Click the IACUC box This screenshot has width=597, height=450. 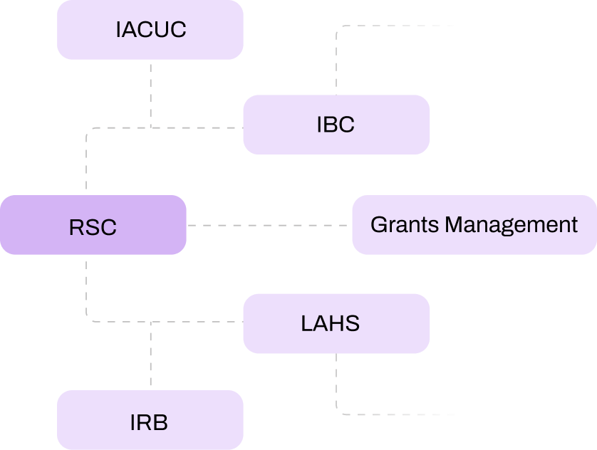coord(150,30)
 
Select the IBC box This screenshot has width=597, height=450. coord(336,125)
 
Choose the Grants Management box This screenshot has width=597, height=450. coord(474,225)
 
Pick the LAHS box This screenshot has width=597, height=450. coord(336,324)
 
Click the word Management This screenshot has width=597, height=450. coord(511,225)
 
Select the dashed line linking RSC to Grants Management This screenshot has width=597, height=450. coord(269,225)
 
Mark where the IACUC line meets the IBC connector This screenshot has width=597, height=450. coord(151,127)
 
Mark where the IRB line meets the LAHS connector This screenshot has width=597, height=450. coord(151,322)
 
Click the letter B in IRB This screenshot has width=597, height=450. coord(161,422)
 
